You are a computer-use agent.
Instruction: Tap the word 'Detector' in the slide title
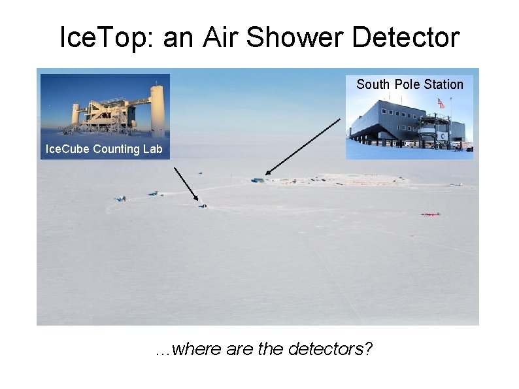coord(406,38)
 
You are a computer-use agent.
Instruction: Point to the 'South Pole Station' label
coord(409,84)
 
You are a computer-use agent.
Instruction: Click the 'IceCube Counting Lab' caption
coord(103,149)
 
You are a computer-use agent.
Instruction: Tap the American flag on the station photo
coord(441,103)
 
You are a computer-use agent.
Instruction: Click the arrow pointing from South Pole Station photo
coord(303,148)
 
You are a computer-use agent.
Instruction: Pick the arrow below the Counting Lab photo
coord(187,185)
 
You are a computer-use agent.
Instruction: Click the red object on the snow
coord(430,214)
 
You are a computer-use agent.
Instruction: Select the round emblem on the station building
coord(444,136)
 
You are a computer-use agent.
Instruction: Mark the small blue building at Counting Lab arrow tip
coord(203,207)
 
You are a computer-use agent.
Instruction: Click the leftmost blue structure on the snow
coord(120,198)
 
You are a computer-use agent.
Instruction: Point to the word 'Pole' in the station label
coord(408,84)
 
